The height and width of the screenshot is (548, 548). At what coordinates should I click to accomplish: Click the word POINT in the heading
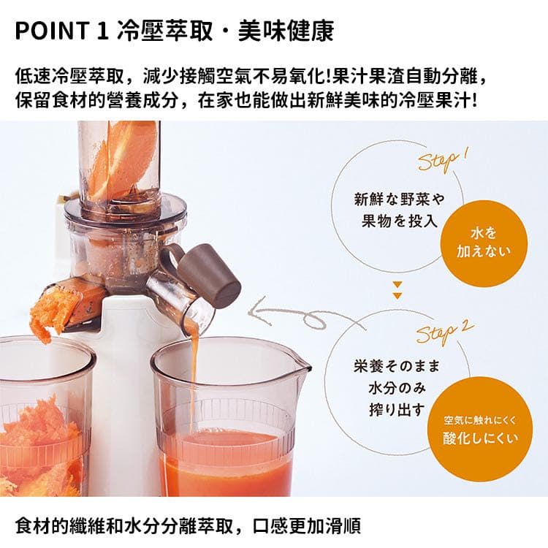click(x=51, y=31)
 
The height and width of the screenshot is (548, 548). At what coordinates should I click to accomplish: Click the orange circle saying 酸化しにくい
click(x=480, y=429)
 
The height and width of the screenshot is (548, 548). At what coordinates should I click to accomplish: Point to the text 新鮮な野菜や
click(x=399, y=199)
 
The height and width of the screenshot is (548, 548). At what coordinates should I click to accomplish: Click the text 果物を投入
click(x=400, y=221)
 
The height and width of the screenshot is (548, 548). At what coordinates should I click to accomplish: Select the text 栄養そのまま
click(x=396, y=366)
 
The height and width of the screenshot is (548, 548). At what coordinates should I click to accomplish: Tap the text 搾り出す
click(x=397, y=409)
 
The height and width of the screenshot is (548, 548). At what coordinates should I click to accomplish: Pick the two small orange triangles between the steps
click(x=397, y=290)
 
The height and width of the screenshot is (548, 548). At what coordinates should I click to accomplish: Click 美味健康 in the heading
click(x=286, y=31)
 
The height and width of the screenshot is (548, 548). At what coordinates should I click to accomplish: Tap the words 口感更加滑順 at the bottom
click(x=306, y=527)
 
